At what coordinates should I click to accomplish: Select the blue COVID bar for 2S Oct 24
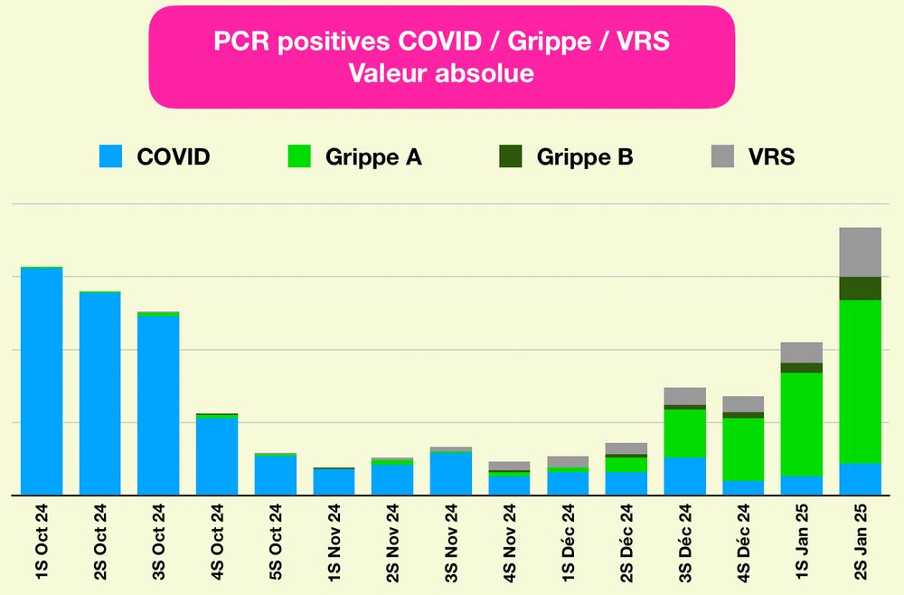(x=99, y=393)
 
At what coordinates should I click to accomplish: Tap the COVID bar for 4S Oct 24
(x=216, y=456)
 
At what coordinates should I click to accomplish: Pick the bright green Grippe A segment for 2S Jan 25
(x=860, y=381)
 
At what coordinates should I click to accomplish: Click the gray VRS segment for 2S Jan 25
(x=860, y=252)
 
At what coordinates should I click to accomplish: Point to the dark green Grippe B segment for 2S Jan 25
(x=860, y=288)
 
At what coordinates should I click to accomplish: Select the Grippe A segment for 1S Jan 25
(x=802, y=424)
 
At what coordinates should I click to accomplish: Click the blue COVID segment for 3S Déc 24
(x=685, y=476)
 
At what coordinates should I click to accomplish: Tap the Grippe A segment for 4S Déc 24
(x=743, y=449)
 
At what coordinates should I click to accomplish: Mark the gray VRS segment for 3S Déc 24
(x=685, y=396)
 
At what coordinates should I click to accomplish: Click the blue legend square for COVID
(x=110, y=156)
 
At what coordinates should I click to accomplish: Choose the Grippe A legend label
(x=373, y=157)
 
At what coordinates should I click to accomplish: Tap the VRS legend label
(x=771, y=156)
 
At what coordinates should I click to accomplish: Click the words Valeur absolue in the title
(x=441, y=73)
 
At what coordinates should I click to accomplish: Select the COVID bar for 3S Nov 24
(x=450, y=473)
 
